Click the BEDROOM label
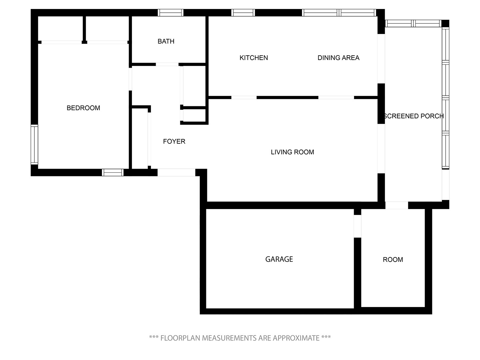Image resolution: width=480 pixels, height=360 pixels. (83, 108)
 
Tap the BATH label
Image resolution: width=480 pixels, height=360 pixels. (166, 41)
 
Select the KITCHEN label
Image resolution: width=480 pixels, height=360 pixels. (254, 58)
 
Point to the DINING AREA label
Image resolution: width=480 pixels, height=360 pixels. (339, 58)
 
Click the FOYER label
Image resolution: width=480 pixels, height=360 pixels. (174, 141)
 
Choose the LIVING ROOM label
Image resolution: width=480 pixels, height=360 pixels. (292, 152)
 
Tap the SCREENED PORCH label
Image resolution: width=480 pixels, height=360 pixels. (414, 116)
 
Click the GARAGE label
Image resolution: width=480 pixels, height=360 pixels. (279, 259)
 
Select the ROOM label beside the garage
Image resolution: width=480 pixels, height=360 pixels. (393, 259)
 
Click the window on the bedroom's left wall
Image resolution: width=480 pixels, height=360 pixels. (34, 144)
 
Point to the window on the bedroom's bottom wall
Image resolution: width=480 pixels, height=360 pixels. (113, 172)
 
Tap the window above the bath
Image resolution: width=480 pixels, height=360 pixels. (171, 13)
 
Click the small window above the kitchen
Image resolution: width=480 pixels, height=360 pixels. (243, 13)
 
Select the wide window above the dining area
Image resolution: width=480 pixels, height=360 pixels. (339, 13)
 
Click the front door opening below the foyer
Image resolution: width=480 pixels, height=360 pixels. (176, 172)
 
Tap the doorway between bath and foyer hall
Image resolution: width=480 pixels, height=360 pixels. (167, 64)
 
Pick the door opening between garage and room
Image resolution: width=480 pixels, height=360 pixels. (357, 226)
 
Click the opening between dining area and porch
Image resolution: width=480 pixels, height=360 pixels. (381, 59)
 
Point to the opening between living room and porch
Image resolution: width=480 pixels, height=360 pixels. (381, 149)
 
